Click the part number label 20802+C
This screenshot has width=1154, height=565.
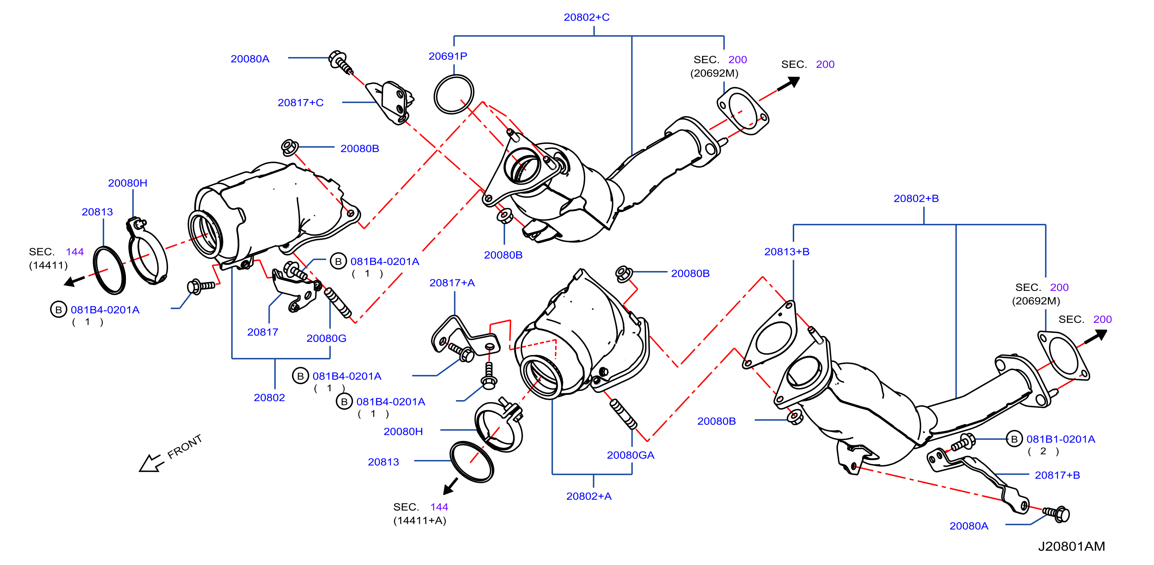(587, 17)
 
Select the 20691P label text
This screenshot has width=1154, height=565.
(448, 56)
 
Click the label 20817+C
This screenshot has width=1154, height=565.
(300, 103)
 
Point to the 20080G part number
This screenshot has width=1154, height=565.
(326, 338)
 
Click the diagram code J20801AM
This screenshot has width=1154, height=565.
(1071, 546)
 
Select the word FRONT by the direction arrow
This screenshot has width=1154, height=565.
(184, 447)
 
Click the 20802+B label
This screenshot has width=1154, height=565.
(916, 198)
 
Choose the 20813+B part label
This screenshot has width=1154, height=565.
(787, 252)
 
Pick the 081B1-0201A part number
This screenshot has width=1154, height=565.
(1061, 439)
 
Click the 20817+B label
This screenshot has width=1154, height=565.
(1057, 475)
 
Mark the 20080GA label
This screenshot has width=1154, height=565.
(630, 455)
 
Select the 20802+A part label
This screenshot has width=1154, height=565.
(589, 496)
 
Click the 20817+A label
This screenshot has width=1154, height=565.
(452, 282)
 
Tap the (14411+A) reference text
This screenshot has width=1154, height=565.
(420, 520)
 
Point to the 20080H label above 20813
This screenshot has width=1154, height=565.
(128, 183)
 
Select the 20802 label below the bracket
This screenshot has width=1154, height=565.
(269, 397)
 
